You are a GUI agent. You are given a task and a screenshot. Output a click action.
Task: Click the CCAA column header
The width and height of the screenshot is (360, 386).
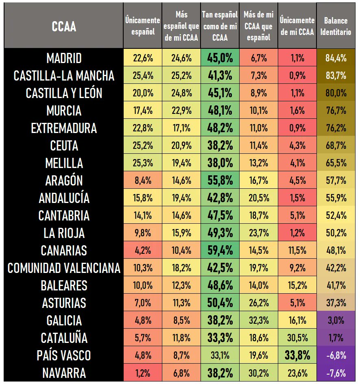tap(64, 27)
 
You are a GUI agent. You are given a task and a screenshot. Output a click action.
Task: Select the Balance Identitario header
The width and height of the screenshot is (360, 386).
tap(336, 26)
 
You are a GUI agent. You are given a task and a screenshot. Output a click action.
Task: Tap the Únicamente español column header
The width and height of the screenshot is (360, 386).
tap(143, 26)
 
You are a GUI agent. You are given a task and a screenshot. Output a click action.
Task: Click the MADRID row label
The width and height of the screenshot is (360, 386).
tap(64, 58)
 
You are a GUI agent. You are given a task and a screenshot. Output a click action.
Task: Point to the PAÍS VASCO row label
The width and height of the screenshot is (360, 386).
tap(64, 355)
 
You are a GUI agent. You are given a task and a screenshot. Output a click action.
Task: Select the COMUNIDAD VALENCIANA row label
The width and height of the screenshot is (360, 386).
tap(64, 268)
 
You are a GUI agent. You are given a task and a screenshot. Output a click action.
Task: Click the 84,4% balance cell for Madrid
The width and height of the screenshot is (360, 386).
tap(336, 58)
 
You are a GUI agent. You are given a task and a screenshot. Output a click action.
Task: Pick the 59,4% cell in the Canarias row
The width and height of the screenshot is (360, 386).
tap(220, 251)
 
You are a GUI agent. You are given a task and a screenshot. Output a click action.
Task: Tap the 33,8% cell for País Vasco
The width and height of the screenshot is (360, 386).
tap(297, 355)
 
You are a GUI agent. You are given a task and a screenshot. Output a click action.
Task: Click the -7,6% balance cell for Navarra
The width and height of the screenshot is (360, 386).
tap(336, 373)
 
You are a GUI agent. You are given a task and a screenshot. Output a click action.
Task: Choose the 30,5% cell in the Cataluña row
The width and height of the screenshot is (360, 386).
tap(297, 338)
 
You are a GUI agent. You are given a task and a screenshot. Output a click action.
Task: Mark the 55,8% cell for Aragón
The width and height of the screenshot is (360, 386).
tap(220, 181)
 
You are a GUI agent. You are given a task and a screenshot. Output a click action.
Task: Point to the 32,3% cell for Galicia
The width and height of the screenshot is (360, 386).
tap(258, 321)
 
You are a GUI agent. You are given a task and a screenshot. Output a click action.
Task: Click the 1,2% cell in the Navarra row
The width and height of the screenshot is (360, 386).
tap(143, 373)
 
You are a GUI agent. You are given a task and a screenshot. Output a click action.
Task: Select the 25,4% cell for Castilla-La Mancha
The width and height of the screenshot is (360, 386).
tap(143, 76)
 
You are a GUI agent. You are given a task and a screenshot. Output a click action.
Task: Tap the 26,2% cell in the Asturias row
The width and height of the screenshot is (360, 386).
tap(258, 303)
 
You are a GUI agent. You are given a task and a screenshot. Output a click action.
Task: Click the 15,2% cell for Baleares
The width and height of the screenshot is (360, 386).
tap(297, 286)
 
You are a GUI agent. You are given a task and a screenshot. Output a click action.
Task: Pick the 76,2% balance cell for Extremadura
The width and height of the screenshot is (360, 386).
tap(336, 128)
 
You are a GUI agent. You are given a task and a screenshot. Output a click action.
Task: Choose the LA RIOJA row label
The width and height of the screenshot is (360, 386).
tap(64, 233)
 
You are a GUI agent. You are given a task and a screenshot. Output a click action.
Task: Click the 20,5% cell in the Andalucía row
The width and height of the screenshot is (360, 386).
tap(258, 198)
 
